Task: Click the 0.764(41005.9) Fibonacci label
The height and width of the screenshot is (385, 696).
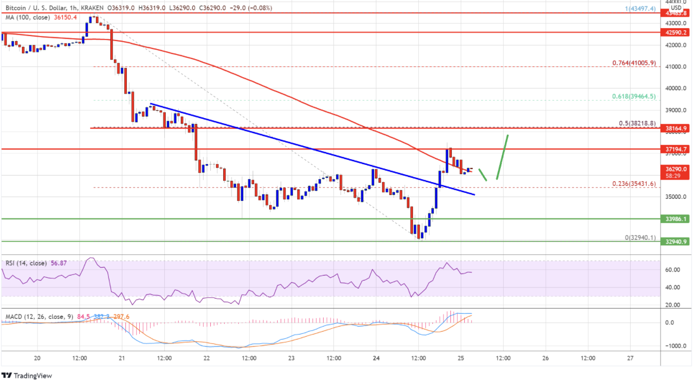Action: click(634, 63)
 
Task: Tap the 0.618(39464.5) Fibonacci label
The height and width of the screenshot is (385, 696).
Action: click(634, 96)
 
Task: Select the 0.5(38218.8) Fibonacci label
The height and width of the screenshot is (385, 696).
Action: click(637, 123)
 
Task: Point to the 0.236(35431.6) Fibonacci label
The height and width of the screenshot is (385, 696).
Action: click(634, 183)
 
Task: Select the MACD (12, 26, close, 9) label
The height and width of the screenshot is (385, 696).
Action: click(38, 317)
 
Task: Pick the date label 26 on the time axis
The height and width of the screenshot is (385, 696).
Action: click(545, 358)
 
